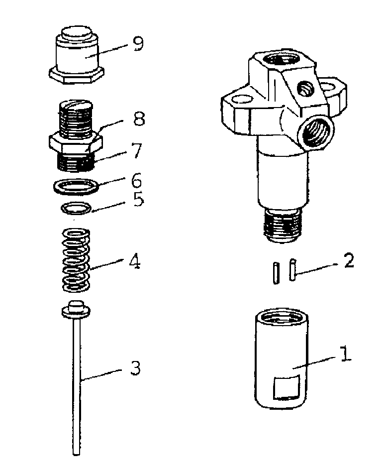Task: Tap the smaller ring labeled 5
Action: [x=76, y=207]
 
